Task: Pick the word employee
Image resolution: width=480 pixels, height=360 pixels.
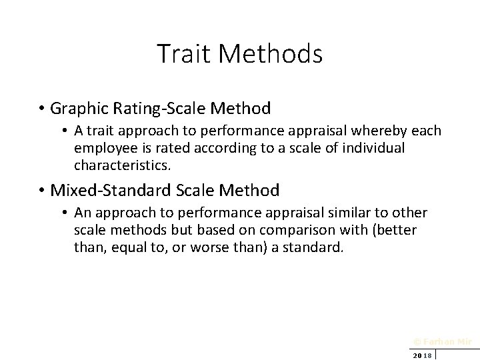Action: coord(103,147)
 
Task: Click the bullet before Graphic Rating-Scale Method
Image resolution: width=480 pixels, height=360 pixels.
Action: coord(41,108)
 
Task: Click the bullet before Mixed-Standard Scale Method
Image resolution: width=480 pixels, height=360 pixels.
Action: coord(41,191)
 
